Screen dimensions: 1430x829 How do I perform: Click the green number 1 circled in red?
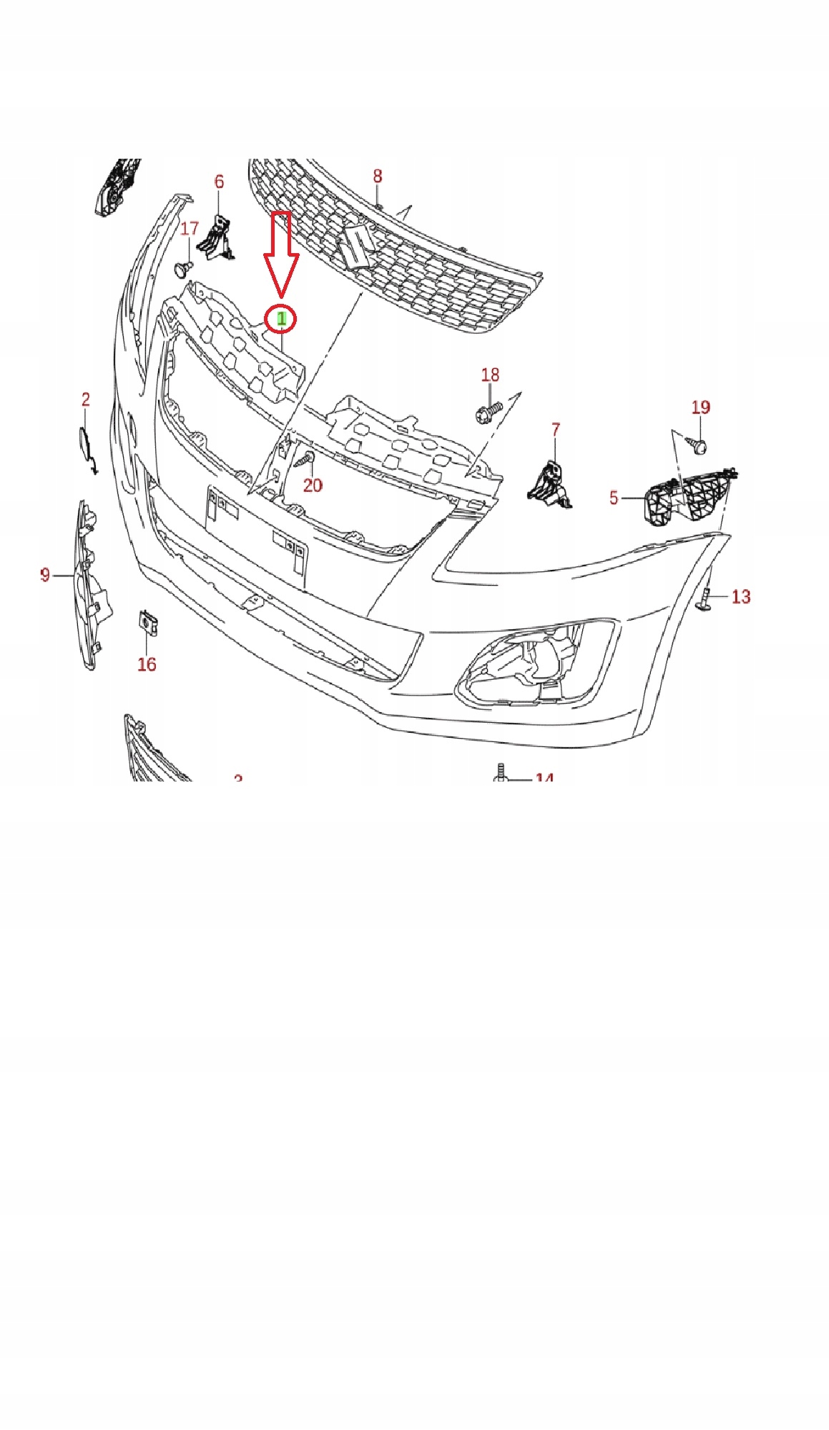coord(282,319)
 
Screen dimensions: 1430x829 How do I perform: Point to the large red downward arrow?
coord(281,254)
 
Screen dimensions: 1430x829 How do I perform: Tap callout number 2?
coord(86,400)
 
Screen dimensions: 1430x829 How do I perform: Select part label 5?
coord(614,498)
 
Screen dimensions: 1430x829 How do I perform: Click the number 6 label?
coord(219,182)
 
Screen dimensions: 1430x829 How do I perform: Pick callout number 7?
coord(556,430)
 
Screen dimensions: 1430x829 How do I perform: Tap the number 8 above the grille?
coord(378,176)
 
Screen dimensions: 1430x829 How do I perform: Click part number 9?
coord(45,575)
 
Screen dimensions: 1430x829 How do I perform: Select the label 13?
coord(741,596)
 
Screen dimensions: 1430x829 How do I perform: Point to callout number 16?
coord(147,664)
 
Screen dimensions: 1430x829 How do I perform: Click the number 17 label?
coord(189,229)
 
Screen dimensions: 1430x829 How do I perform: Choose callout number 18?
coord(490,375)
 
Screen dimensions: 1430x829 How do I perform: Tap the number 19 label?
coord(700,408)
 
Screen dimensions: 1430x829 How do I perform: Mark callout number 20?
coord(313,485)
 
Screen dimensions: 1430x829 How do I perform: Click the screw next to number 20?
coord(306,458)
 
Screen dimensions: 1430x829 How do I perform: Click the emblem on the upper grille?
coord(355,246)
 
